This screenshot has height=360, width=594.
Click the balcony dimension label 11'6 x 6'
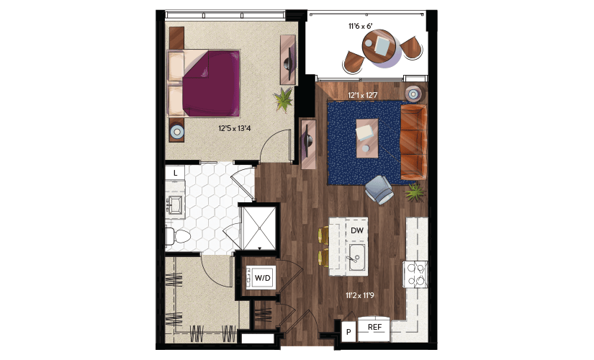pos(361,26)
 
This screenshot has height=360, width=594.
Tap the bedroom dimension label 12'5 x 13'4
pos(235,128)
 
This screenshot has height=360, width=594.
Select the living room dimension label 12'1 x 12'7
pos(363,95)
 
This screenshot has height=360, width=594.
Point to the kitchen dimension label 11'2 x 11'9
pos(359,294)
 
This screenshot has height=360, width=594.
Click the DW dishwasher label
pos(357,230)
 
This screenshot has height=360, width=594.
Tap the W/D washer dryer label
pos(263,278)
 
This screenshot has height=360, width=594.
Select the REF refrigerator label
pos(374,327)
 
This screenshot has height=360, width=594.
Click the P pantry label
pos(348,332)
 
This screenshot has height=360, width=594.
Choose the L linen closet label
pos(175,174)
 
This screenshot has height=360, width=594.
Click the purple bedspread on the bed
pos(211,84)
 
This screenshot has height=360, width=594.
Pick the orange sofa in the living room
pos(414,142)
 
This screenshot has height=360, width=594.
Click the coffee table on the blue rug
pos(366,138)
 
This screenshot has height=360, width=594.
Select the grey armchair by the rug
pos(379,189)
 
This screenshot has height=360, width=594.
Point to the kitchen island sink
pos(357,257)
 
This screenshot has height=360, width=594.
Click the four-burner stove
pos(415,274)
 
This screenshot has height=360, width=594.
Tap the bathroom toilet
pos(178,237)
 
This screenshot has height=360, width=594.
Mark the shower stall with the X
pos(259,228)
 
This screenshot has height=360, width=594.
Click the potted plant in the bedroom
pos(284,99)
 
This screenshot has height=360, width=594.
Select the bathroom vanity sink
pos(175,205)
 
